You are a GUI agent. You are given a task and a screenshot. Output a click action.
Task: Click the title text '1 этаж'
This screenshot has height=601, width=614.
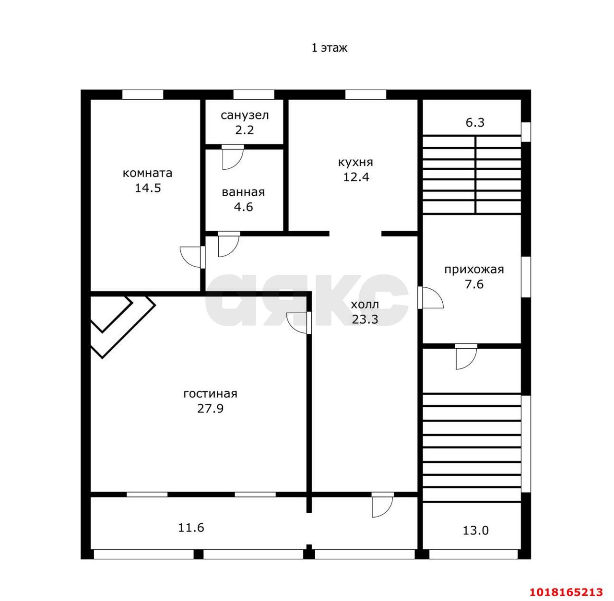[x=329, y=48]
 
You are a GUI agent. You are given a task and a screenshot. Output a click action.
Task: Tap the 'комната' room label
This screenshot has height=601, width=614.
[x=148, y=173]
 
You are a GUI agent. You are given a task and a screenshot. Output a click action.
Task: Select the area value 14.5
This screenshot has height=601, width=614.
[x=148, y=188]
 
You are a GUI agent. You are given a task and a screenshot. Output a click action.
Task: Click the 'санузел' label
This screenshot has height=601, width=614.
[x=244, y=116]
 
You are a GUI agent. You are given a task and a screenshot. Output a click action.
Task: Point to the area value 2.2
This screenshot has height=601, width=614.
[x=244, y=130]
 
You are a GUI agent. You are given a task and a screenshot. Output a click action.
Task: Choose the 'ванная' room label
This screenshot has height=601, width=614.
[x=243, y=192]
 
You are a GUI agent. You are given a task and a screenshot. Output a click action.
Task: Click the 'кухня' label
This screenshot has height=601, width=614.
[x=355, y=163]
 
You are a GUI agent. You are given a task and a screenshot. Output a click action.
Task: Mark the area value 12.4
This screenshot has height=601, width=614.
[x=356, y=177]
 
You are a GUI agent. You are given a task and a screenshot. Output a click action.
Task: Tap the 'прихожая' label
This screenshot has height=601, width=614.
[x=474, y=270]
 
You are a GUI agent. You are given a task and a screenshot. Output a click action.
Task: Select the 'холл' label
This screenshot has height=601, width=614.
[x=365, y=305]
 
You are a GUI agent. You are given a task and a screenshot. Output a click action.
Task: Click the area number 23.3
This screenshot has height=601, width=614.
[x=365, y=319]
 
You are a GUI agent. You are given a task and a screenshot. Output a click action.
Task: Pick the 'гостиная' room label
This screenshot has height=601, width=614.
[x=210, y=394]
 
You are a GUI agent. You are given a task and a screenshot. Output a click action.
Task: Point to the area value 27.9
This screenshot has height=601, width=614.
[x=210, y=409]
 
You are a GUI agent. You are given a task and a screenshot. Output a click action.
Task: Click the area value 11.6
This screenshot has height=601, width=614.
[x=191, y=528]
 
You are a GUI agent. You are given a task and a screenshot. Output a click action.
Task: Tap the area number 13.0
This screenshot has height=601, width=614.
[x=475, y=530]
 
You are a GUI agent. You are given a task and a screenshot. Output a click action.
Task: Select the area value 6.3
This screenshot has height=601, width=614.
[x=475, y=122]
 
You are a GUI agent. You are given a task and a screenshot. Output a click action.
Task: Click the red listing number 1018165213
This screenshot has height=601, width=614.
[x=566, y=592]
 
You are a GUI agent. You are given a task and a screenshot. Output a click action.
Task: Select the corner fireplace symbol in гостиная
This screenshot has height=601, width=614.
[x=123, y=327]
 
